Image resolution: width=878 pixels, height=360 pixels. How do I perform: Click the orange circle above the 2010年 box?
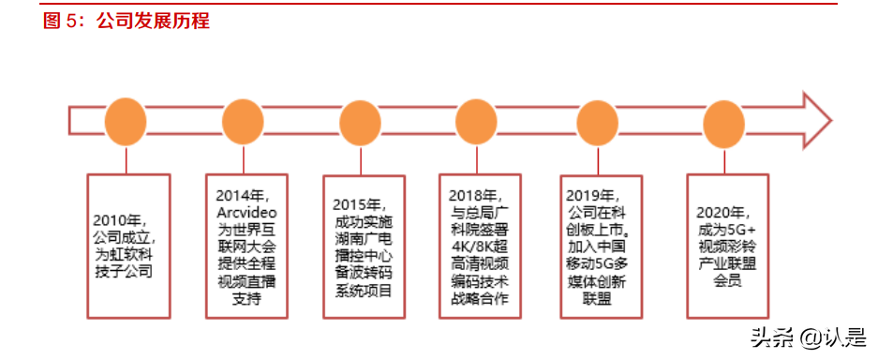(126, 122)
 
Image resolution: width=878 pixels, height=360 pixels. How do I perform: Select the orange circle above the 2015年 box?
(362, 122)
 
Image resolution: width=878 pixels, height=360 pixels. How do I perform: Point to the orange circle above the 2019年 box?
(597, 122)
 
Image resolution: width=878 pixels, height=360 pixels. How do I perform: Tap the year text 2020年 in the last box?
(722, 213)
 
